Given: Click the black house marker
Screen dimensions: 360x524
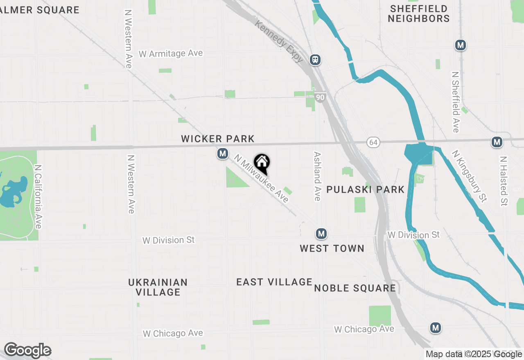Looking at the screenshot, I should [262, 163].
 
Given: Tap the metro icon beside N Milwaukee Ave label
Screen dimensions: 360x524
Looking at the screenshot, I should [223, 154].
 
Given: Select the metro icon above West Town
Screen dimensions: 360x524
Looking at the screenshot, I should [321, 234].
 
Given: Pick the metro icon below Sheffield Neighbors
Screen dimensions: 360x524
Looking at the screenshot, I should [461, 45].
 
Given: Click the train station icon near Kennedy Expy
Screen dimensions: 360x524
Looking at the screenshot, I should [315, 60].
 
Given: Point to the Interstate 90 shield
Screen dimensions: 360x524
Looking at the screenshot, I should [321, 97].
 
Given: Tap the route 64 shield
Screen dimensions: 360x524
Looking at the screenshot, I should [373, 142].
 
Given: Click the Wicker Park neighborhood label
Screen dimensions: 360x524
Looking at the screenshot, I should [218, 139].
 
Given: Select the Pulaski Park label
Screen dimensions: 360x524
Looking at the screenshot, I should [366, 189].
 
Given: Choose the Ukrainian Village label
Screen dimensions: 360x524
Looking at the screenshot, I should [158, 287].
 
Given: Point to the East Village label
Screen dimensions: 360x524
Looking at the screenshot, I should [274, 282].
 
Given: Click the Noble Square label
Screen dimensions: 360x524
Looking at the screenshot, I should [355, 288].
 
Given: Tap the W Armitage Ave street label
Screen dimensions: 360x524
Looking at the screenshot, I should [171, 54].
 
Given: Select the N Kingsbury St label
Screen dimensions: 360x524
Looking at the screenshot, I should [470, 176].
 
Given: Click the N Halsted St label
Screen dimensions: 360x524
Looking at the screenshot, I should [504, 181].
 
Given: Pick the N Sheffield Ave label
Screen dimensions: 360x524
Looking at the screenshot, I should [455, 102].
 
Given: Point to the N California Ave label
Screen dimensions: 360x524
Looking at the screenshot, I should [38, 197].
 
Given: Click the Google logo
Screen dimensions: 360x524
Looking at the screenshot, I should [27, 351].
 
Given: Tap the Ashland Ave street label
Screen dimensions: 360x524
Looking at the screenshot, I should [317, 176].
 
